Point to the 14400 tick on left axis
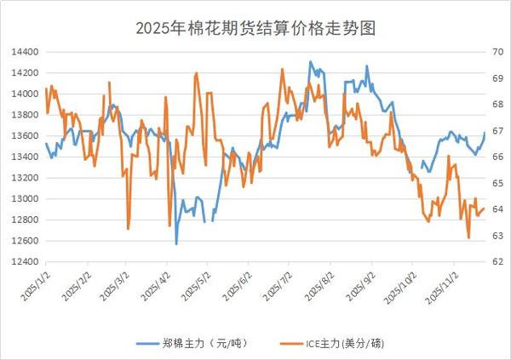point(24,52)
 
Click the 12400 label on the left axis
point(24,262)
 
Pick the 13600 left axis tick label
point(24,136)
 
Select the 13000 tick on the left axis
point(24,199)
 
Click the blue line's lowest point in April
point(176,244)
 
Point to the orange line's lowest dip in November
point(469,238)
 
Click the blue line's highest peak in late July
point(310,61)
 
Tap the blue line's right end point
point(485,133)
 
